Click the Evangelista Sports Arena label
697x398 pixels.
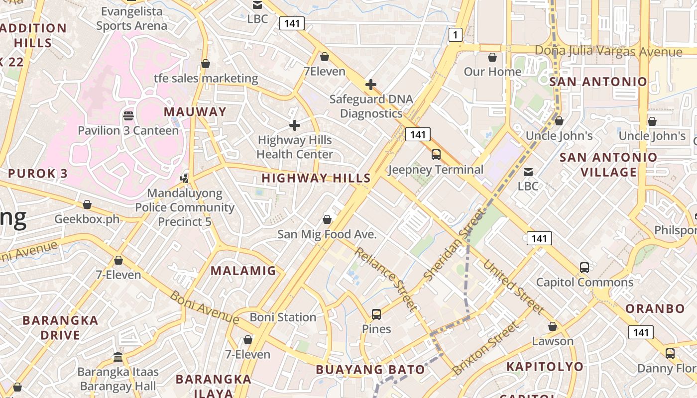(x=131, y=18)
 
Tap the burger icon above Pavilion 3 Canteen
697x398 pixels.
(x=128, y=116)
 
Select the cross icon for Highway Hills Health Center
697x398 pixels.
(x=295, y=125)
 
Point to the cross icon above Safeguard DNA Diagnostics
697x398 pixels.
(x=371, y=85)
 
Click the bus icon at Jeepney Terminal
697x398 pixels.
(x=436, y=155)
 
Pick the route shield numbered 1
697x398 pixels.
(x=455, y=35)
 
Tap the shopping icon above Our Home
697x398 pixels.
(x=492, y=58)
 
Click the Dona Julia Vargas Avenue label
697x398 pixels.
(x=608, y=51)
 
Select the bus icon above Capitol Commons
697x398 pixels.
(x=584, y=268)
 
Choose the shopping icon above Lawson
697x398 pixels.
(x=553, y=327)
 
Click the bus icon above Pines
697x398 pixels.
(x=376, y=314)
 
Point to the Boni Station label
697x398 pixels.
(x=283, y=317)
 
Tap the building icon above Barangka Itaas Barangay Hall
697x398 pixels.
(x=118, y=357)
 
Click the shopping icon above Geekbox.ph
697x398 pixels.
(x=87, y=204)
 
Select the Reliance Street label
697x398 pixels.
(x=385, y=279)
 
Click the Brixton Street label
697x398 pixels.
(x=485, y=349)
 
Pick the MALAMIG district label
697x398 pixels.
(x=243, y=271)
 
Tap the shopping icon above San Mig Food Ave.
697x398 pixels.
(x=327, y=219)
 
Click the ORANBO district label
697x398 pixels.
(x=655, y=308)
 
